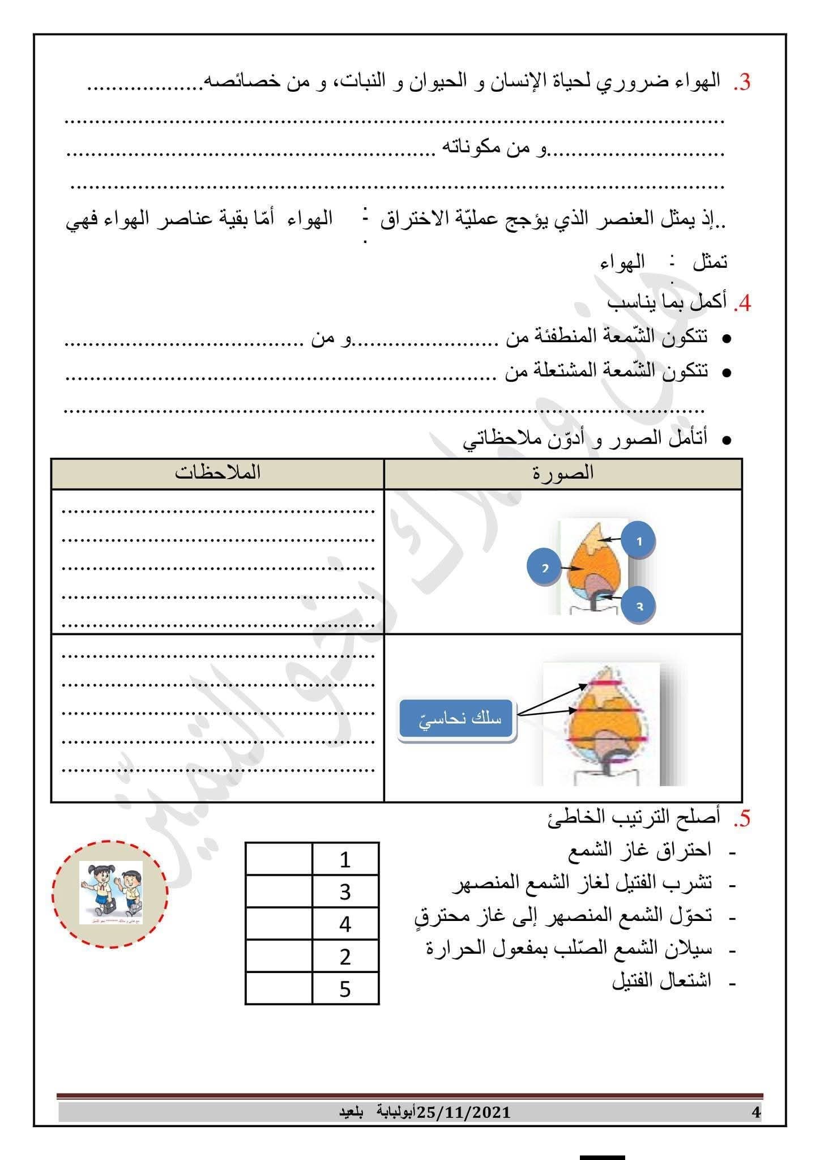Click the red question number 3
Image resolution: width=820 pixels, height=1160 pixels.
741,83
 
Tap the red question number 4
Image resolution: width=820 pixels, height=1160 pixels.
741,304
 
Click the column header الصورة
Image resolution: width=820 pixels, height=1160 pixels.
563,474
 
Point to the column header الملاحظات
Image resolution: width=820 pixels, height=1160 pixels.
217,474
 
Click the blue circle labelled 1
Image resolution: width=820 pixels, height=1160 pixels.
639,541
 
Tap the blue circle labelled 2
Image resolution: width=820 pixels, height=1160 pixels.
544,567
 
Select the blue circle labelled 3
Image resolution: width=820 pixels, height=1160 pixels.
639,606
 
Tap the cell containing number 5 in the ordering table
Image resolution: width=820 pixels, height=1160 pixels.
345,990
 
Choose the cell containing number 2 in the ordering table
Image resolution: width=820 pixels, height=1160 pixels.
345,957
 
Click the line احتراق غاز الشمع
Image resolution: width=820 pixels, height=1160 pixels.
639,851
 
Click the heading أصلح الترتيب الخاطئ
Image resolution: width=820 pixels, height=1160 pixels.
634,818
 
